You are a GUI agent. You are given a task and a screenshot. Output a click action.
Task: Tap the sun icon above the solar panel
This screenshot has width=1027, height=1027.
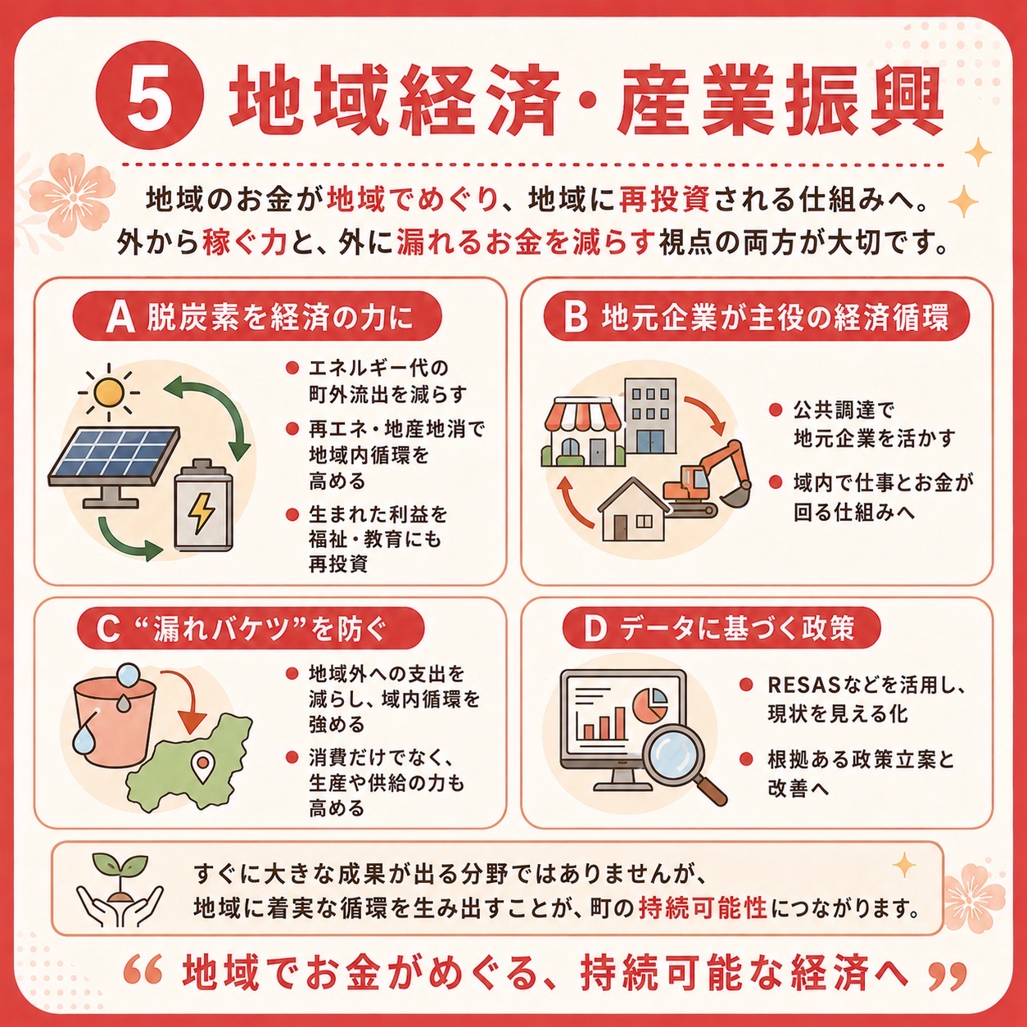[109, 393]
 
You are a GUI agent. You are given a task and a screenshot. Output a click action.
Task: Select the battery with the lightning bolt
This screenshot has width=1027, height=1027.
[204, 505]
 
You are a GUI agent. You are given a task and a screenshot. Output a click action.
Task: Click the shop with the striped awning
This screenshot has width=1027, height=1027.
[583, 431]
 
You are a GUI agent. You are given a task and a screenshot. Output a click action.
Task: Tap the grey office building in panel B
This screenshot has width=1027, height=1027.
[650, 416]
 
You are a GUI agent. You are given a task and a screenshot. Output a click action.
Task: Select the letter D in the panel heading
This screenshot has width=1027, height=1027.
[595, 629]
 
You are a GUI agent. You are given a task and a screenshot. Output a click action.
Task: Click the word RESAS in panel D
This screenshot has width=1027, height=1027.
[804, 685]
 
